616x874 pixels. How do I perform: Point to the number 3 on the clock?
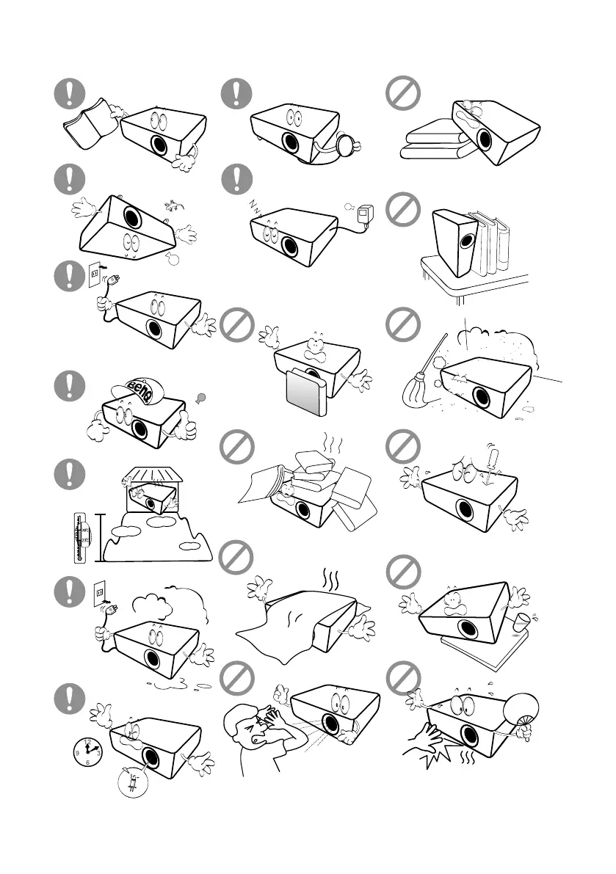[98, 752]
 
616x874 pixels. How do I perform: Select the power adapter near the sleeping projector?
[363, 214]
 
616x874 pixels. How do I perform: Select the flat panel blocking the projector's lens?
[305, 397]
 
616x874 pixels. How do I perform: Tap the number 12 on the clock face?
[88, 741]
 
